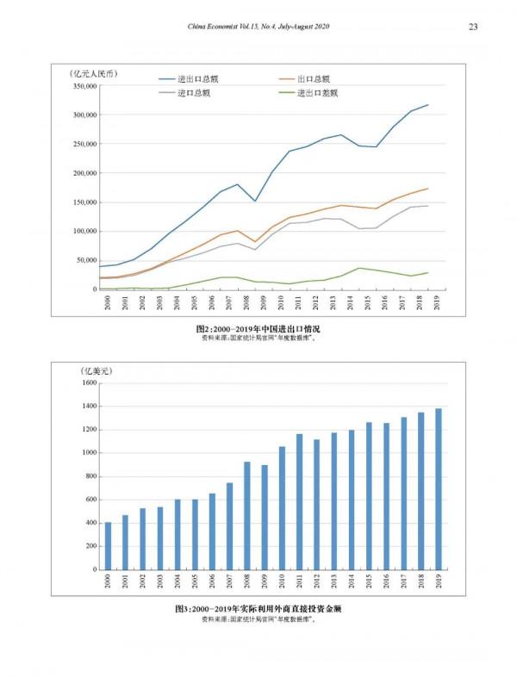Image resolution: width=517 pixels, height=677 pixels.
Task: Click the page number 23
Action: tap(473, 28)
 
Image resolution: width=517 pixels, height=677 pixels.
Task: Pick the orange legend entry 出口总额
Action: tap(313, 78)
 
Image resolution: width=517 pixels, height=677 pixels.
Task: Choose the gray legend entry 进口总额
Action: tap(194, 92)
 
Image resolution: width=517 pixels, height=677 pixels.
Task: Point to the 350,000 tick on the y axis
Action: tap(83, 86)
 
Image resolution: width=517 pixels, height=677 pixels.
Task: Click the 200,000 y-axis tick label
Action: tap(83, 173)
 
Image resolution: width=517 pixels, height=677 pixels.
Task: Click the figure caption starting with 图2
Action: tap(258, 329)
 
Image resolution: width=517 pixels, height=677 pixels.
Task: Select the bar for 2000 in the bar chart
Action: tap(109, 545)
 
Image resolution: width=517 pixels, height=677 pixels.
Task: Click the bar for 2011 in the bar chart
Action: tap(300, 501)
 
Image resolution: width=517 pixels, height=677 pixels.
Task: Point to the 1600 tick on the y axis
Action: tap(90, 382)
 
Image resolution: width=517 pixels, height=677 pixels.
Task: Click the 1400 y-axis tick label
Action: tap(90, 406)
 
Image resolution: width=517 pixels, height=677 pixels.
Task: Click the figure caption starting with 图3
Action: tap(258, 609)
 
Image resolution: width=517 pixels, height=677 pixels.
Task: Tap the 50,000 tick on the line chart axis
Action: tap(84, 260)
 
